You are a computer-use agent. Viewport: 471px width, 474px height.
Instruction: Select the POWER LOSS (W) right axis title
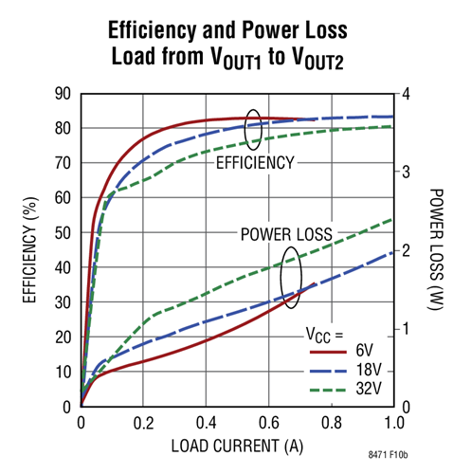[437, 249]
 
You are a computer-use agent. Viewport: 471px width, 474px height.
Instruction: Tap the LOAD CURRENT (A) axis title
[237, 446]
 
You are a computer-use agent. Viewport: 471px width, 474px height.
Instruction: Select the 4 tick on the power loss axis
[406, 93]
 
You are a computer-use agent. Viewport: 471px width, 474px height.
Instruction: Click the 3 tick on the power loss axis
[406, 172]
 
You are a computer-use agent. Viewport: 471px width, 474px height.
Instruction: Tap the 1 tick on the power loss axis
[406, 329]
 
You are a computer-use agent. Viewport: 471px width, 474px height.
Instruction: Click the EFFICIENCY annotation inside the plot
[255, 162]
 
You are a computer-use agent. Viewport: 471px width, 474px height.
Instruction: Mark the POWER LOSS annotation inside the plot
[285, 233]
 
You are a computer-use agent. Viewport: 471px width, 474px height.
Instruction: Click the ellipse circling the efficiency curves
[253, 129]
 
